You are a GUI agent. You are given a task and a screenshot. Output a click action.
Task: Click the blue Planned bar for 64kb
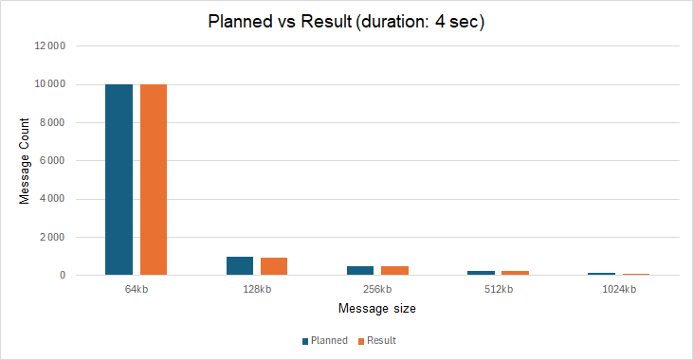pos(119,180)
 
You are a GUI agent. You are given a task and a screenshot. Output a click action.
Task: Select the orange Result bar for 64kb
pos(154,180)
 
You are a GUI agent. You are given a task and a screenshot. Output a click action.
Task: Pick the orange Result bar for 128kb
pos(274,267)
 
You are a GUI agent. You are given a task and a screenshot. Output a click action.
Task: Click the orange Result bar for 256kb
pos(395,271)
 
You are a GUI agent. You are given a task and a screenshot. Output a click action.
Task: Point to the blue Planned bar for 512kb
pos(481,273)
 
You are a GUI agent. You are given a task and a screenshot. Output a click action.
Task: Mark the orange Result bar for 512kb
pos(516,273)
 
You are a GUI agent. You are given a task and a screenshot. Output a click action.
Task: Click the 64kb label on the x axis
pos(136,289)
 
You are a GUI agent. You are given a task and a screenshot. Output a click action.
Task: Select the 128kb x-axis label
pos(257,289)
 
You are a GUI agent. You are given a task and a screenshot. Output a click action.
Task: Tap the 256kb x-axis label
pos(377,289)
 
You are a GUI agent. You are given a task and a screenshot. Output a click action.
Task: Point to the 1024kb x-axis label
pos(618,289)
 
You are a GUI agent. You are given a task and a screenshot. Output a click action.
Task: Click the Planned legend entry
pos(325,340)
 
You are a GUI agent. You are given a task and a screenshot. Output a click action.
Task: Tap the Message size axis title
pos(376,309)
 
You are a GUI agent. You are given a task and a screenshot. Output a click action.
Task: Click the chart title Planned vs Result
pos(346,22)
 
